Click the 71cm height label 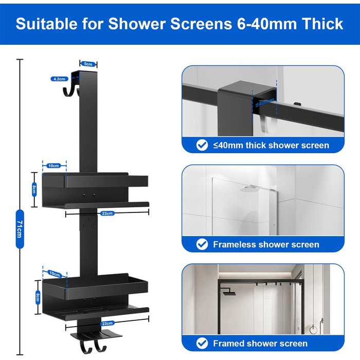[x=20, y=229]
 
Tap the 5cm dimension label [x=88, y=64]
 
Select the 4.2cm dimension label [x=60, y=79]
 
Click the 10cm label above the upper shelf [x=53, y=166]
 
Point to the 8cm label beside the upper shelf [x=34, y=189]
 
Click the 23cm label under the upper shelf [x=107, y=213]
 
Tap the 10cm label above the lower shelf [x=55, y=274]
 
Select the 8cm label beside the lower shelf [x=38, y=298]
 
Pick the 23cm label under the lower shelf [x=107, y=323]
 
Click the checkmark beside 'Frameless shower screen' [x=202, y=244]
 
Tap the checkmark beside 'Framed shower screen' [x=202, y=343]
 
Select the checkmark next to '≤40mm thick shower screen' [x=202, y=145]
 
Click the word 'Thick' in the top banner [x=322, y=24]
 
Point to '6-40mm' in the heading [x=267, y=24]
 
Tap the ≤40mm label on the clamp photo [x=265, y=102]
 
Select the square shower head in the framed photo [x=229, y=293]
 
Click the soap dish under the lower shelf [x=97, y=335]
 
